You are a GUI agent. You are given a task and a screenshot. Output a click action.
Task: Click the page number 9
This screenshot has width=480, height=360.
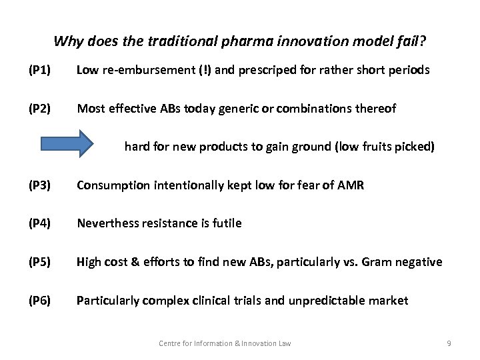pyautogui.click(x=449, y=343)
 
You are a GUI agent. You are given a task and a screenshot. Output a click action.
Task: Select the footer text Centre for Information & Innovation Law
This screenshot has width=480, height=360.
pyautogui.click(x=225, y=343)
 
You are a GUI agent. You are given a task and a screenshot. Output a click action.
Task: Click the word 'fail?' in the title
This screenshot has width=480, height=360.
pyautogui.click(x=409, y=41)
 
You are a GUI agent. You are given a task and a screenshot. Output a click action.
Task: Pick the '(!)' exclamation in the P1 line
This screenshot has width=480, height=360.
pyautogui.click(x=203, y=69)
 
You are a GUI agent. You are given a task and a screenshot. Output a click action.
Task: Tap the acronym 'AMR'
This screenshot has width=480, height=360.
pyautogui.click(x=351, y=185)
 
